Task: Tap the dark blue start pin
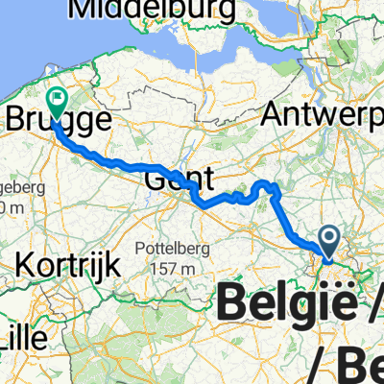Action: (328, 240)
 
